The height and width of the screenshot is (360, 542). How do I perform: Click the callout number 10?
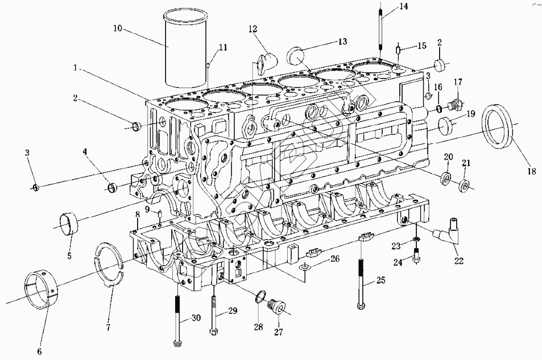point(117,27)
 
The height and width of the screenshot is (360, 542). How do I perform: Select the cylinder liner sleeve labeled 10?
point(181,51)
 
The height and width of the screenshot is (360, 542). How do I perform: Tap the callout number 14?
point(403,7)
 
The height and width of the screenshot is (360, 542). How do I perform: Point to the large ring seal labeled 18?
point(498,125)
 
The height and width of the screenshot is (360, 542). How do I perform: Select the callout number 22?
point(458,261)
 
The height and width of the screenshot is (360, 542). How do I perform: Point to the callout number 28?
point(259,327)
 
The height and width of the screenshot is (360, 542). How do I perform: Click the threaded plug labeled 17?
point(455,106)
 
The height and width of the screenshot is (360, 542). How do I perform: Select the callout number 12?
point(252,28)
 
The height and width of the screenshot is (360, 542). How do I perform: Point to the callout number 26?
point(335,259)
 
